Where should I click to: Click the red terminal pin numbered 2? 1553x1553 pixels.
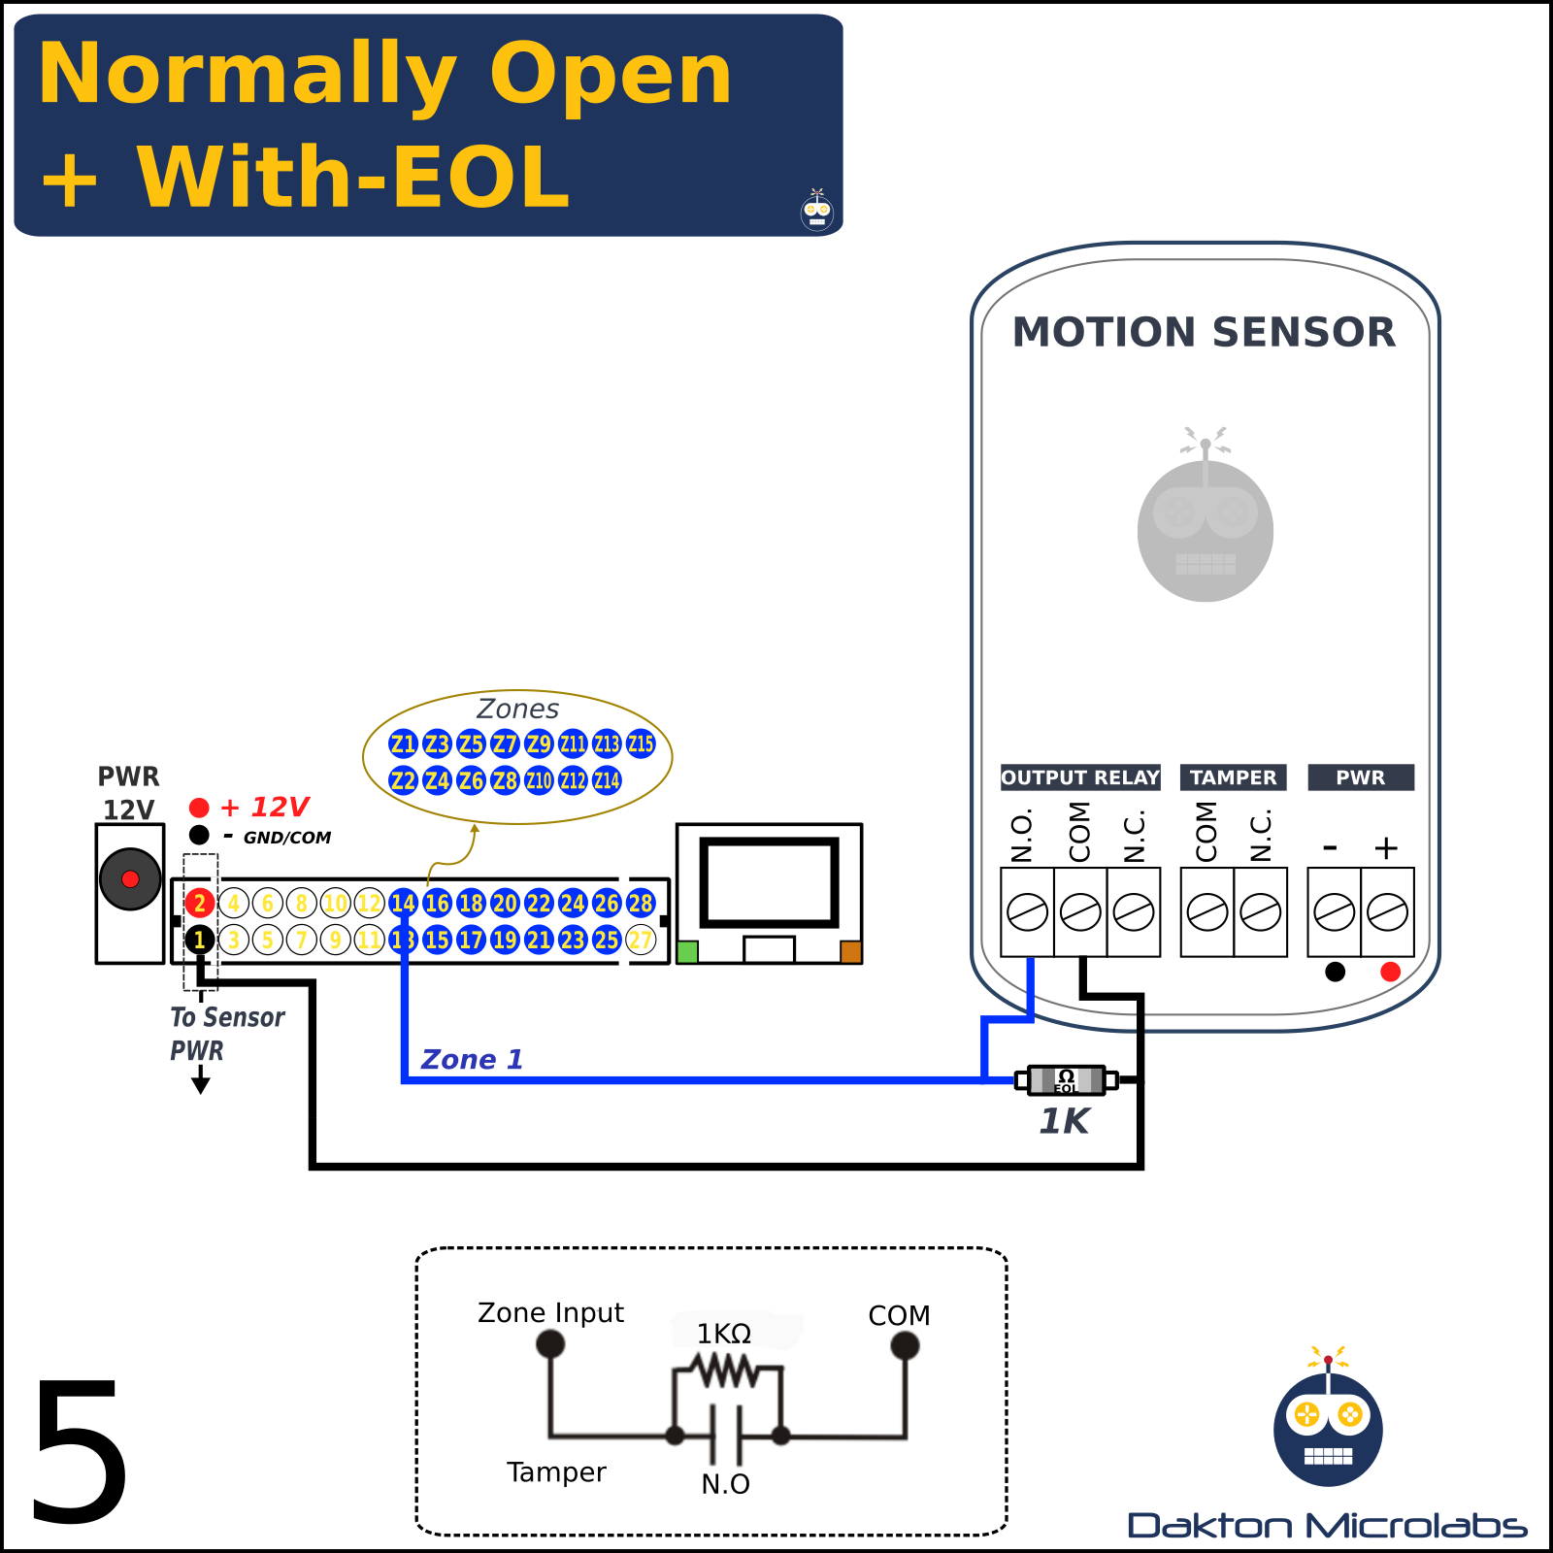click(x=199, y=904)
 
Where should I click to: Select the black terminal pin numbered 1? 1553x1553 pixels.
click(x=199, y=940)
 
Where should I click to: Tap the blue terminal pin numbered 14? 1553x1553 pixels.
click(x=403, y=904)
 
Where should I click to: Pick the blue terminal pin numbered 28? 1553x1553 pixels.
click(x=641, y=904)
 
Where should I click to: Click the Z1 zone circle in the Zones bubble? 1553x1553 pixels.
click(x=403, y=744)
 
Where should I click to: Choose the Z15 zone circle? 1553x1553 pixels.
click(x=641, y=744)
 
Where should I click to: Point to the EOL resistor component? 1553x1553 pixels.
click(x=1066, y=1079)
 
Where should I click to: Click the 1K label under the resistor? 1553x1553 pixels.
click(x=1064, y=1122)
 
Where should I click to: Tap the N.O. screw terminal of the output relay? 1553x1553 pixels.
click(x=1027, y=912)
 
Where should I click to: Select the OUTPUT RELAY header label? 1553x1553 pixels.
click(x=1080, y=777)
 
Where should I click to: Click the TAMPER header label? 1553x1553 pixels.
click(x=1234, y=777)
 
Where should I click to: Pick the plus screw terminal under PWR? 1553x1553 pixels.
click(x=1387, y=912)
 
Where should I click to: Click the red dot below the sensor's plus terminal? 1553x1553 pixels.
click(x=1390, y=972)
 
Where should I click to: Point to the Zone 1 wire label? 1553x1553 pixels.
click(x=472, y=1060)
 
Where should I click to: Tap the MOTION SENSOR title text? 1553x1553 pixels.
click(x=1204, y=333)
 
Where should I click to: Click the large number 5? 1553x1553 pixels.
click(x=80, y=1451)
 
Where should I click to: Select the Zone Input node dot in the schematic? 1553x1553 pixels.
click(x=550, y=1344)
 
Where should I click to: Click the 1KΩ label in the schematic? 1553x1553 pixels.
click(x=724, y=1334)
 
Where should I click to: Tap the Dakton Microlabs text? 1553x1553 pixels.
click(x=1327, y=1526)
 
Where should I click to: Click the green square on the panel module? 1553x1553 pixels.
click(x=687, y=951)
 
